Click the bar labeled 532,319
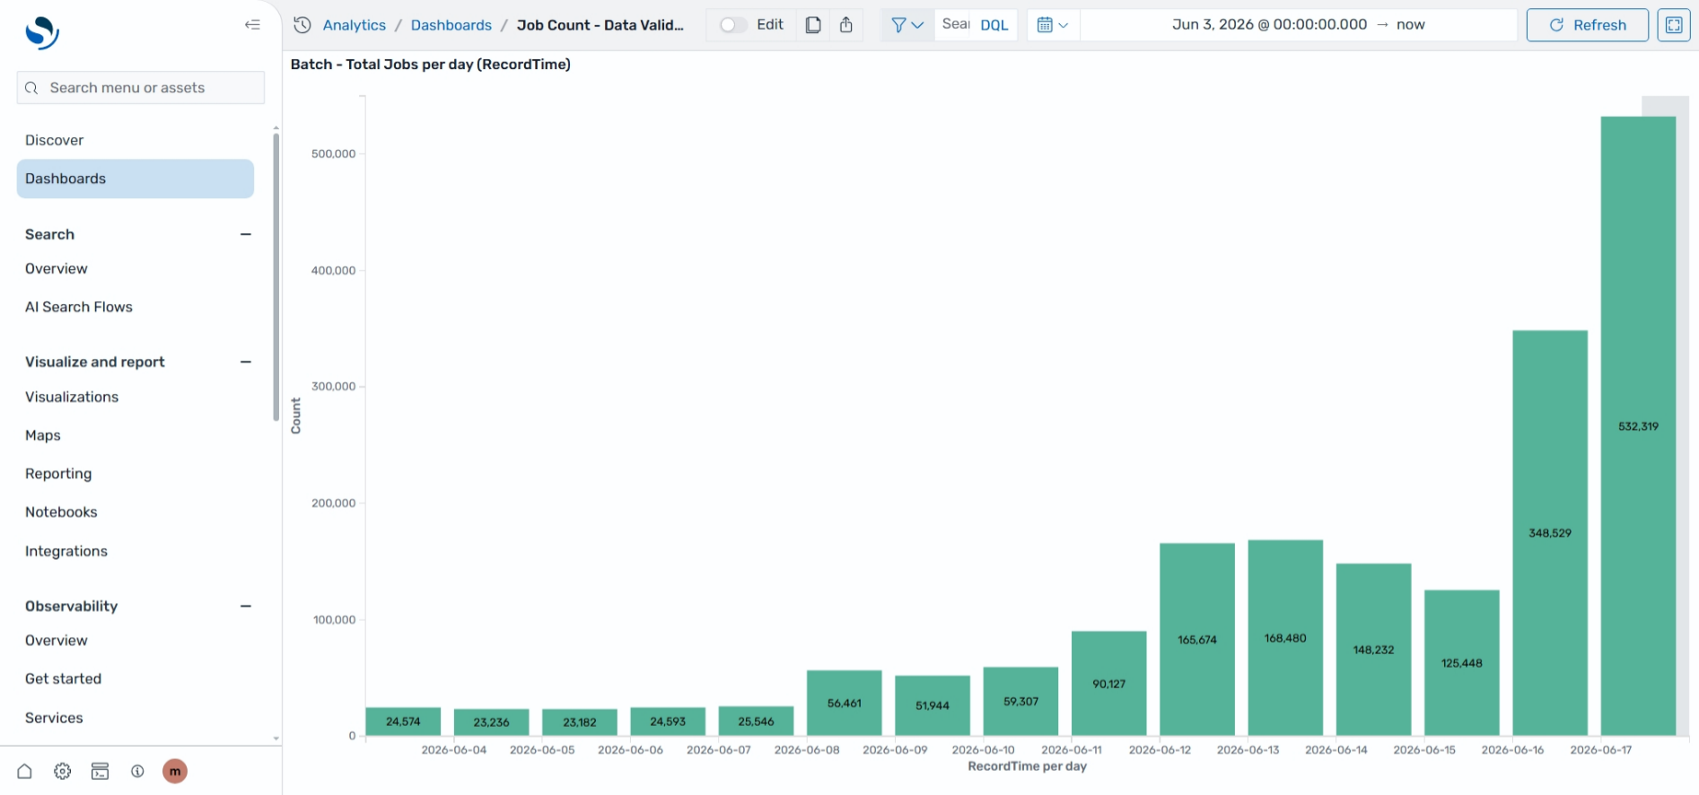pyautogui.click(x=1638, y=426)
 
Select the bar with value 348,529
pyautogui.click(x=1550, y=533)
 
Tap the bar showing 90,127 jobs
pyautogui.click(x=1108, y=684)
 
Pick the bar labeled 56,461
pyautogui.click(x=844, y=703)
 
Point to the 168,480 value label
pyautogui.click(x=1285, y=638)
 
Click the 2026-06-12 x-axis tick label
pyautogui.click(x=1160, y=750)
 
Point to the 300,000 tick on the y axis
pyautogui.click(x=334, y=387)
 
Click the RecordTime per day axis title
pyautogui.click(x=1027, y=766)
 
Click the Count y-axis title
pyautogui.click(x=296, y=416)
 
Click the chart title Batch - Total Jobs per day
pyautogui.click(x=431, y=65)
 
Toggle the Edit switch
pyautogui.click(x=733, y=25)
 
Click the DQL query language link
pyautogui.click(x=994, y=25)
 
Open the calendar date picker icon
pyautogui.click(x=1045, y=25)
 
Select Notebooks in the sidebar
pyautogui.click(x=61, y=512)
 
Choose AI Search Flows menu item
pyautogui.click(x=79, y=307)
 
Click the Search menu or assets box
pyautogui.click(x=141, y=88)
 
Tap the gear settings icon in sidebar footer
pyautogui.click(x=62, y=771)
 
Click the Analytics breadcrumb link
pyautogui.click(x=355, y=25)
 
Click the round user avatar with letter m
pyautogui.click(x=175, y=771)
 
